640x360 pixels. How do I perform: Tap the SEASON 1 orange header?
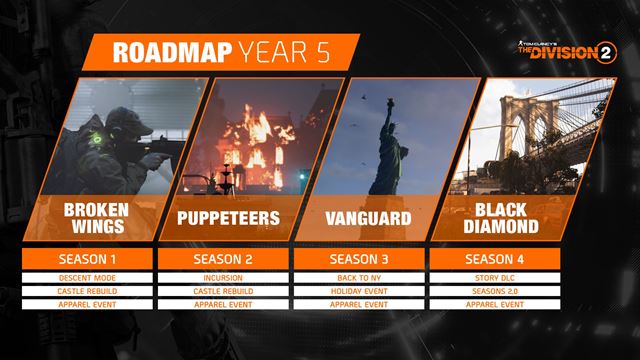point(87,259)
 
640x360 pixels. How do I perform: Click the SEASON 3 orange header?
point(361,259)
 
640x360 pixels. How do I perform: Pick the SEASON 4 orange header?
point(497,259)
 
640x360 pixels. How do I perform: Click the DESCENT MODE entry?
point(87,277)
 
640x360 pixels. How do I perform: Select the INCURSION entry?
point(224,277)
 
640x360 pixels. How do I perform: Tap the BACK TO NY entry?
point(361,277)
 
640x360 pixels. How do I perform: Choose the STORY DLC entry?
point(497,277)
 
